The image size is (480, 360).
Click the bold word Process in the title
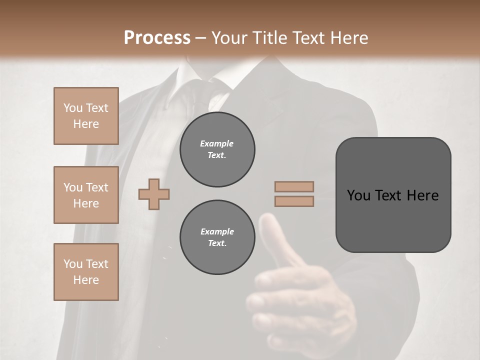tap(157, 38)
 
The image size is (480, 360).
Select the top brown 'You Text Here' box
tap(86, 116)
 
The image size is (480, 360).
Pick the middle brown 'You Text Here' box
tap(86, 195)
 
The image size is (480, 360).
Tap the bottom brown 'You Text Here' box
tap(86, 272)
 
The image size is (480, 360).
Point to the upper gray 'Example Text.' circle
tap(217, 149)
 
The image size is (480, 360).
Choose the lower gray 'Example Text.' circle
tap(217, 237)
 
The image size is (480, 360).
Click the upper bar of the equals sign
tap(294, 187)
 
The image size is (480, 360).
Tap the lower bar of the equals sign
tap(294, 201)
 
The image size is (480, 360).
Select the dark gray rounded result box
tap(393, 195)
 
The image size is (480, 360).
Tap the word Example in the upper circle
tap(217, 144)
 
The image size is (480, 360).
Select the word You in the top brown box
tap(72, 108)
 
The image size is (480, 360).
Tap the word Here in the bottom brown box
tap(86, 280)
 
